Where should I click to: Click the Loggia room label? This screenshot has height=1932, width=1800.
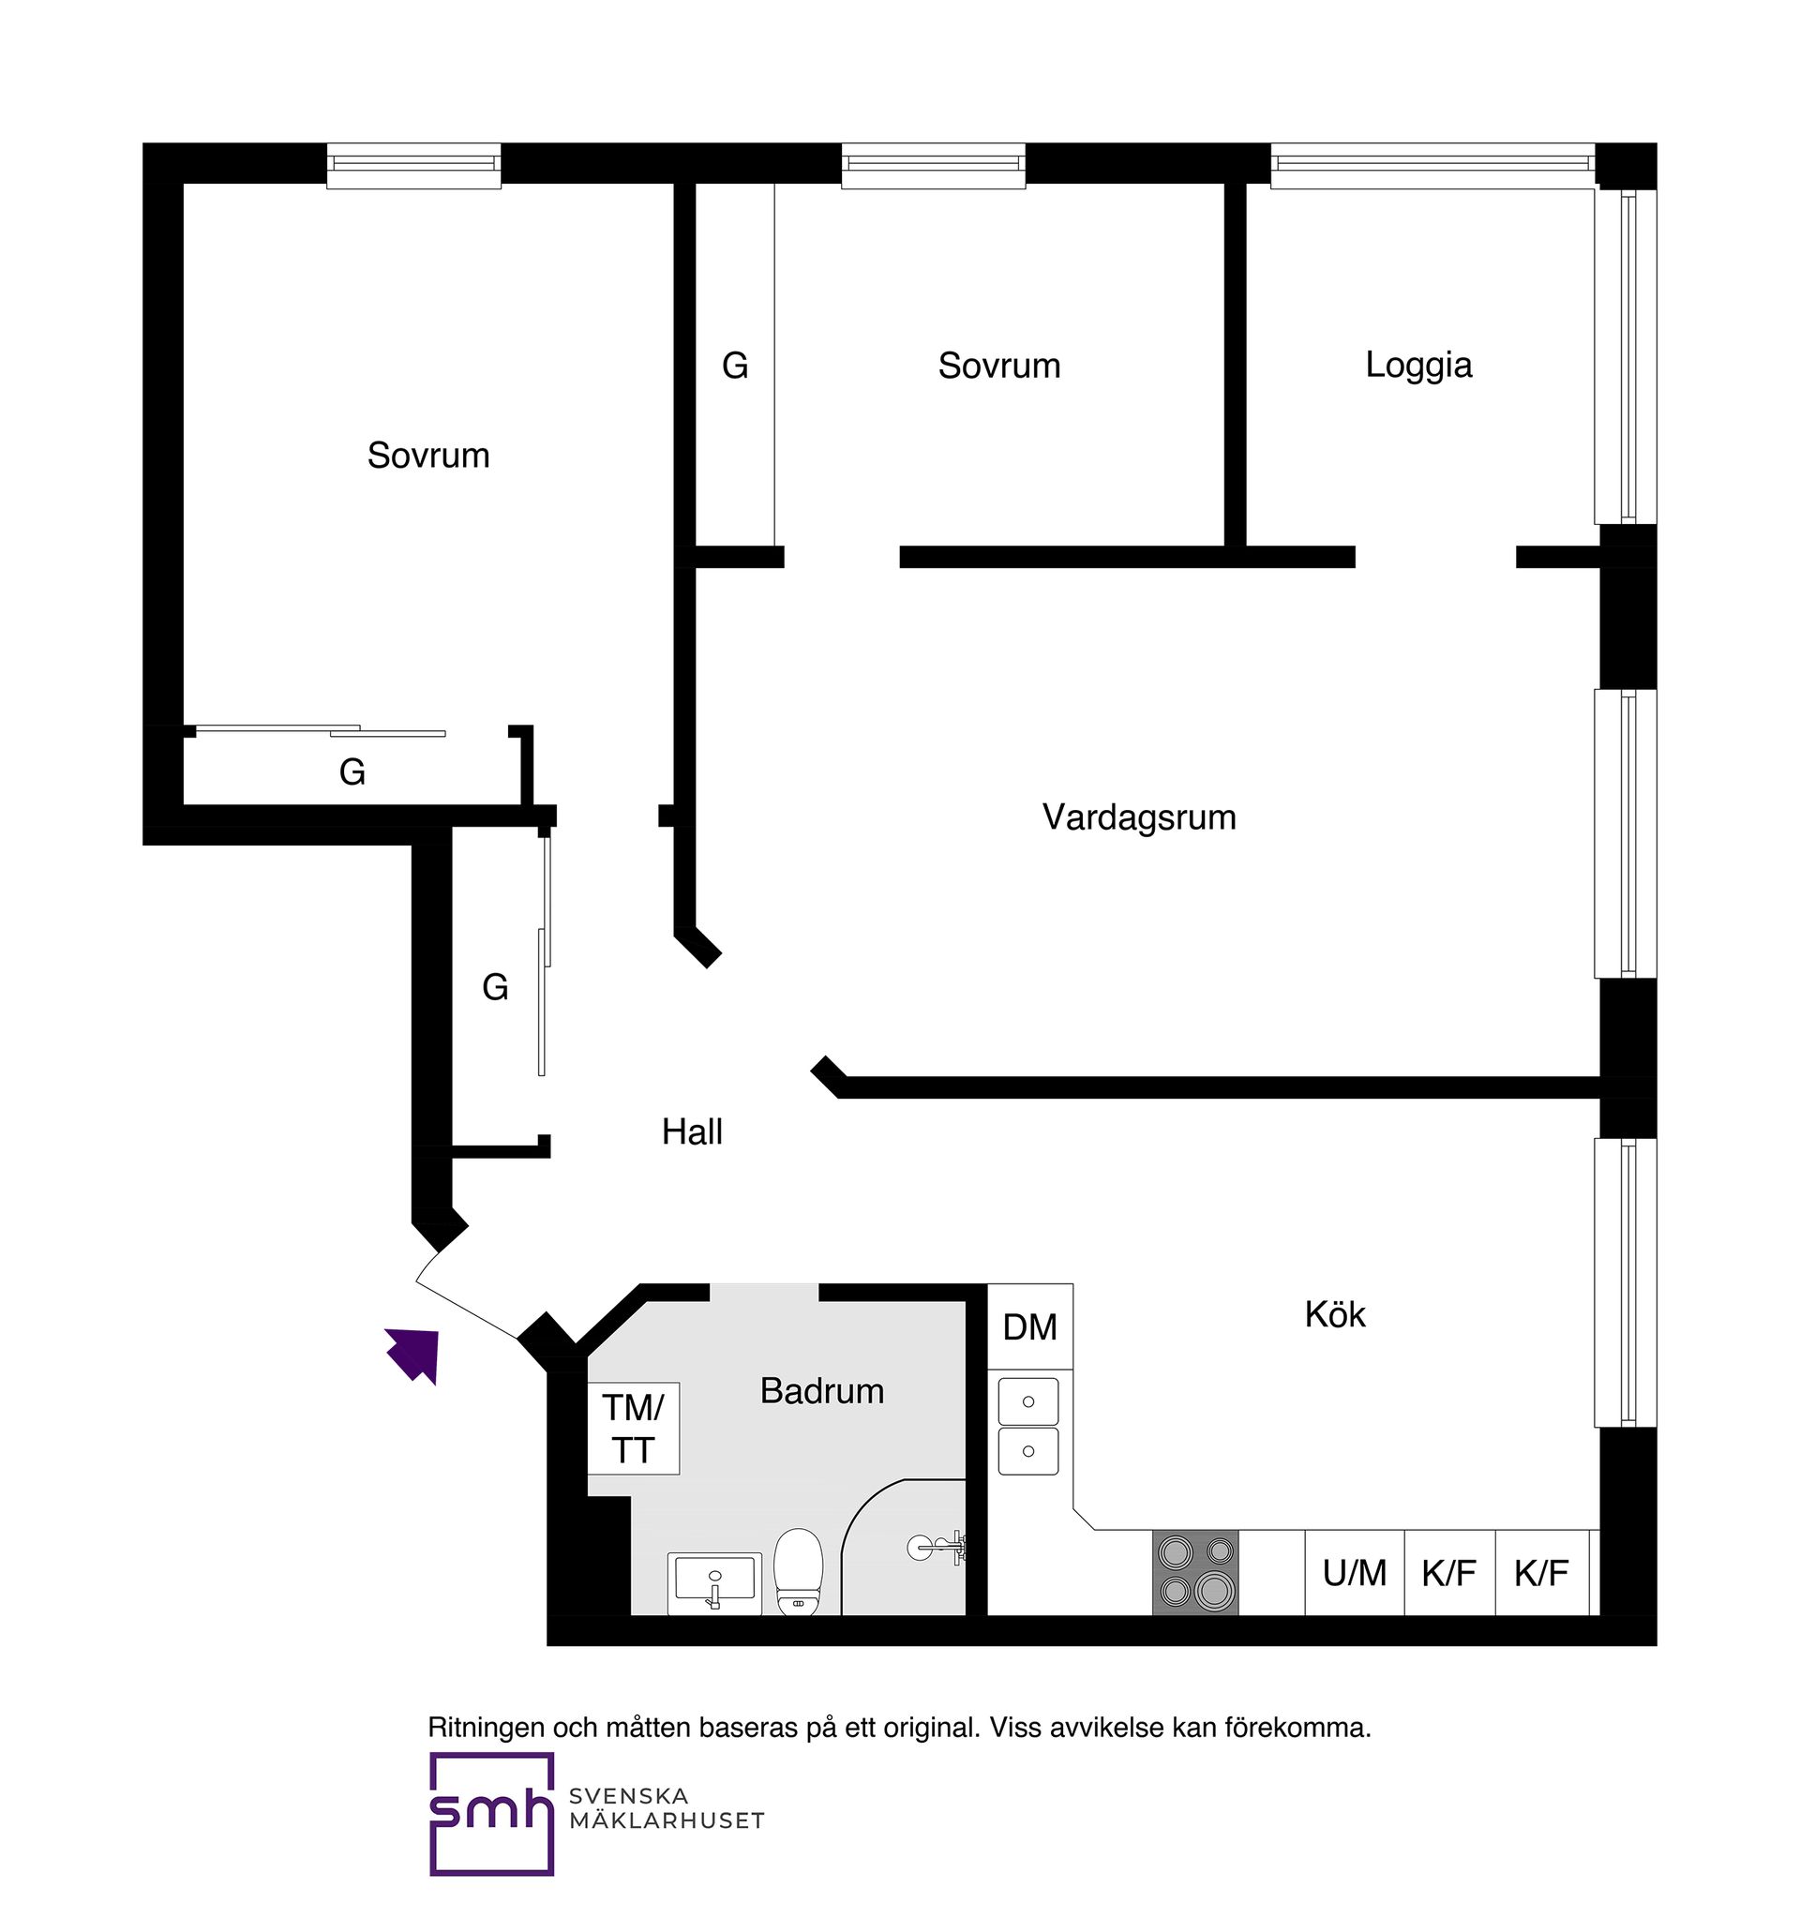tap(1418, 365)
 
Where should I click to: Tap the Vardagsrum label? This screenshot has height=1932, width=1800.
tap(1139, 817)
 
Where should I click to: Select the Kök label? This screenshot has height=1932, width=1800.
tap(1334, 1314)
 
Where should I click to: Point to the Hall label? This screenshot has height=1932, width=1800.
tap(692, 1131)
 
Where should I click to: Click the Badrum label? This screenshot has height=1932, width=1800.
tap(822, 1391)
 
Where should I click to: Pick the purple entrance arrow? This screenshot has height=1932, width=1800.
tap(415, 1354)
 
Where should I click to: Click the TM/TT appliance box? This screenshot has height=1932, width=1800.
tap(633, 1428)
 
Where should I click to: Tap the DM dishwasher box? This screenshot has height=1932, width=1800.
tap(1030, 1326)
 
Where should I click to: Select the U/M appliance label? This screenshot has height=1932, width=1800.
tap(1355, 1572)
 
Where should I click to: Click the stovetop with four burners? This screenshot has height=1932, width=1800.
tap(1195, 1572)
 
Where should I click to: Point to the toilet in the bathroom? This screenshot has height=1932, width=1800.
tap(798, 1571)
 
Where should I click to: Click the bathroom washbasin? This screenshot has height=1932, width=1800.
tap(714, 1582)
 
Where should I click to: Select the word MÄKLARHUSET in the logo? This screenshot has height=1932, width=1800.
tap(667, 1820)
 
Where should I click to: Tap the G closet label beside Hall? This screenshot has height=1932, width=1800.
tap(495, 987)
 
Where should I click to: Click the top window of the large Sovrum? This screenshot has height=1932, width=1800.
tap(414, 166)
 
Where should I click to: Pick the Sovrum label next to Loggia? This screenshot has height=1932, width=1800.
tap(999, 366)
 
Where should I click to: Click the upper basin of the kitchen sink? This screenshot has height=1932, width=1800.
tap(1028, 1400)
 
